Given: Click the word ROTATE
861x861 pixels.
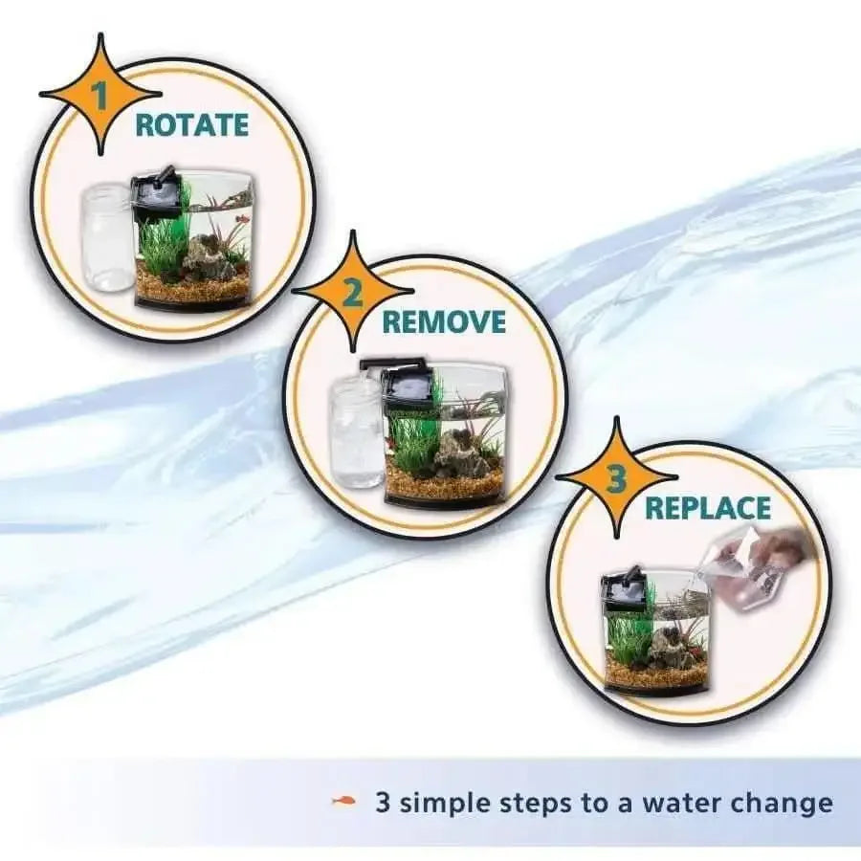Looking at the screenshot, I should (191, 125).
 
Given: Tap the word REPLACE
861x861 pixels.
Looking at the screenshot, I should (707, 507).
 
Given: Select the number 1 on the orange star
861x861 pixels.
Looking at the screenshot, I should (99, 95).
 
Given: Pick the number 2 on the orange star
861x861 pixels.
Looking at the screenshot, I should (351, 292).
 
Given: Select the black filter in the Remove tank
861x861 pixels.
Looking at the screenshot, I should (404, 388).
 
